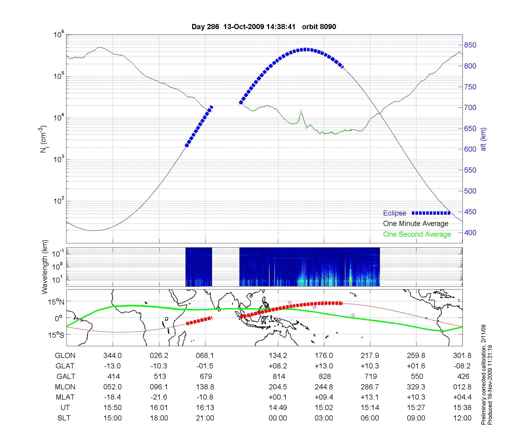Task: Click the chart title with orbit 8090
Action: pos(264,27)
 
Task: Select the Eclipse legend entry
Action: pos(394,213)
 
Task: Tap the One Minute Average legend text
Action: pos(416,224)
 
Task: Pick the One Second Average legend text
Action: pos(417,234)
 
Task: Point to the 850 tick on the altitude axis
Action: pos(470,45)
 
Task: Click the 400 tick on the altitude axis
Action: pos(470,233)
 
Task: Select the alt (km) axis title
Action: pos(484,139)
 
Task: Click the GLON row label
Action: pos(65,356)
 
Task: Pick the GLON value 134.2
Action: pos(278,356)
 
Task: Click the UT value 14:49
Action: pos(278,408)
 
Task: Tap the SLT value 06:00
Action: pos(370,418)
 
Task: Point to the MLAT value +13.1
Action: pos(370,397)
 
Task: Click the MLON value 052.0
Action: pos(112,387)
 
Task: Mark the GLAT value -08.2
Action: pos(462,366)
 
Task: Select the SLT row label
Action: pos(64,418)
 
